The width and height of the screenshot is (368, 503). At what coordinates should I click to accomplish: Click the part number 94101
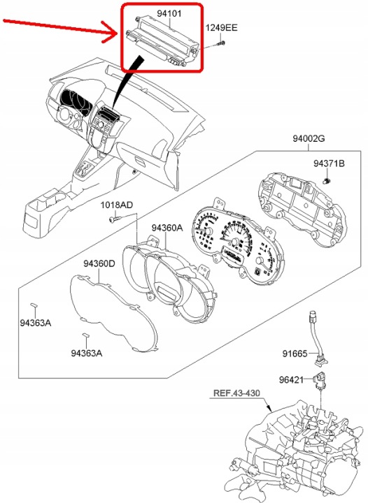pos(169,13)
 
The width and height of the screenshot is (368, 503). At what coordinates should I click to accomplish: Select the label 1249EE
pos(222,27)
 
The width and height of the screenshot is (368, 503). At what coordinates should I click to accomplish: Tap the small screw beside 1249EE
pos(221,43)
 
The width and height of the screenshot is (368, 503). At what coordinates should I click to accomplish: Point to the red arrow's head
pos(111,31)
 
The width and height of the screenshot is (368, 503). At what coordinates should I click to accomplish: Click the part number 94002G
pos(309,138)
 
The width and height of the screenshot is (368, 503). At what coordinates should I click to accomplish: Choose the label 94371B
pos(329,163)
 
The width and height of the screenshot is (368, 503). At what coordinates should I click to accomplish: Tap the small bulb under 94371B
pos(326,181)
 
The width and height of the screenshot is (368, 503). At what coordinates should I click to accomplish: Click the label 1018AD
pos(117,205)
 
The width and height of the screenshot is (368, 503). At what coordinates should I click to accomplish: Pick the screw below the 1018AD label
pos(115,219)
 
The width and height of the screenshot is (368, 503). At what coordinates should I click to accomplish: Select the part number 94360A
pos(167,228)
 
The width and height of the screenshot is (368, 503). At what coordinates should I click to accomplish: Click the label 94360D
pos(99,263)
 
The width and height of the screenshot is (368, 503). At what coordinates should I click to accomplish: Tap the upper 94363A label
pos(36,323)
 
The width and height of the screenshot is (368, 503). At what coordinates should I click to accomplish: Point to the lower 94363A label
pos(86,353)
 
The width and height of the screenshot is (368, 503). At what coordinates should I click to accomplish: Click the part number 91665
pos(295,353)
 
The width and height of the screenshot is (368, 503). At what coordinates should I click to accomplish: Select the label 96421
pos(291,380)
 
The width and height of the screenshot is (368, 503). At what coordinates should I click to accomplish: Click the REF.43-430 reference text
pos(236,393)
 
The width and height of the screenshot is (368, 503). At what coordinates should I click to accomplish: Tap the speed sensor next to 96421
pos(320,380)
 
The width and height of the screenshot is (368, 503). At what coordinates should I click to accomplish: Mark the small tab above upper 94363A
pos(34,305)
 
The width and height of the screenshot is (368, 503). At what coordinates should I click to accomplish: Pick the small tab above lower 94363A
pos(85,335)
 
